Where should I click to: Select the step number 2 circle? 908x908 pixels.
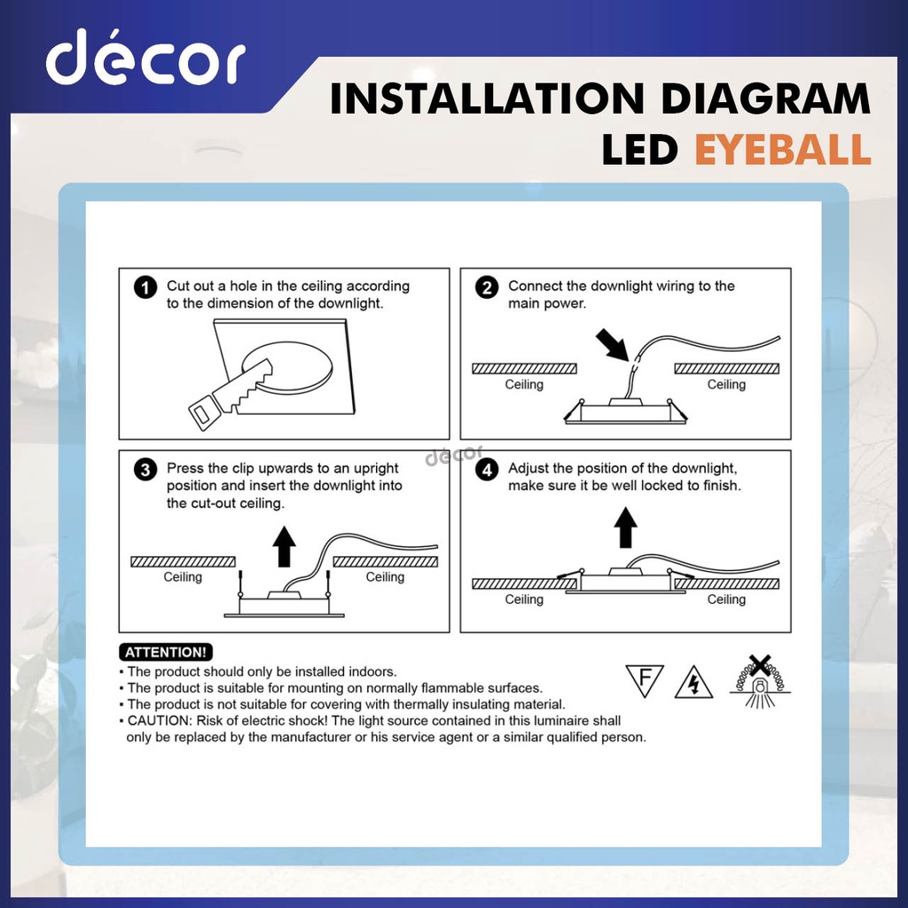(x=486, y=288)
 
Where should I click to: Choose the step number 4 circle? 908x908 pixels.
(x=486, y=470)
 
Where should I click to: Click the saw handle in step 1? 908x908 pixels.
(x=202, y=410)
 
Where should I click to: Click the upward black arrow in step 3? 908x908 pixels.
(x=284, y=545)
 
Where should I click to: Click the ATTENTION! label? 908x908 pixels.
(x=168, y=653)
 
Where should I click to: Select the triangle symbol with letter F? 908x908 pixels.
(x=645, y=680)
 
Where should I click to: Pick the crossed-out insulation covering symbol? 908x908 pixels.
(x=759, y=681)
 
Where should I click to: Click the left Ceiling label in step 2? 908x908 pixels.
(x=524, y=385)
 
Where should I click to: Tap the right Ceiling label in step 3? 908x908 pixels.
(x=385, y=577)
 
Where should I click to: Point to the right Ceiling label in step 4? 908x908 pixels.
(x=726, y=599)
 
